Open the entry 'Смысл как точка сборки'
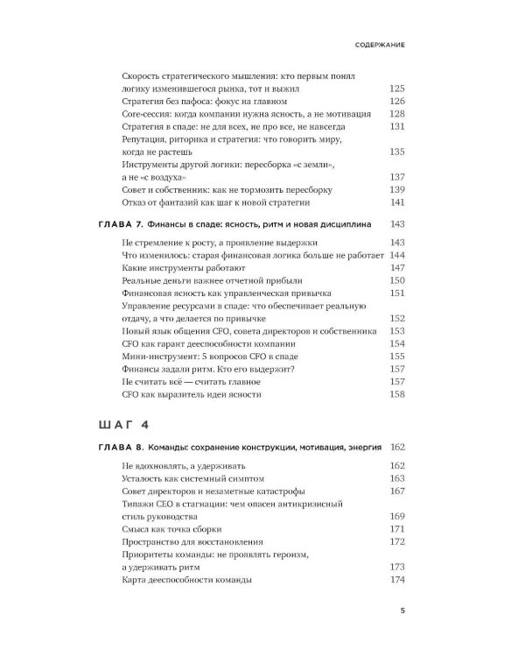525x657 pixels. click(x=172, y=529)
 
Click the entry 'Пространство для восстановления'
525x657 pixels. click(x=193, y=542)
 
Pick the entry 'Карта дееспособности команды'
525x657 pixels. click(x=188, y=581)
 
